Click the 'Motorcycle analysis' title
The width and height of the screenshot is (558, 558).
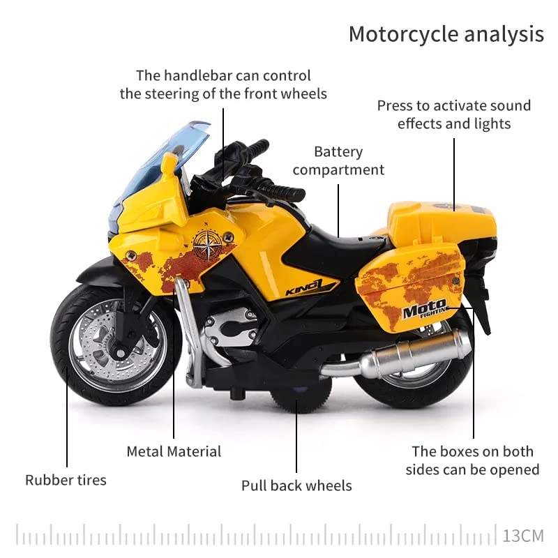446,33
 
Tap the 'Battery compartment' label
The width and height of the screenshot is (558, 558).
338,160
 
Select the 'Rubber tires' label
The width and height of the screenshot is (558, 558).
66,480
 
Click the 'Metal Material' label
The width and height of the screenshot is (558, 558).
174,451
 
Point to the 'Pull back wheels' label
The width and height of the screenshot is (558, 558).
296,485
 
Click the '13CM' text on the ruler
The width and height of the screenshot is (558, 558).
522,536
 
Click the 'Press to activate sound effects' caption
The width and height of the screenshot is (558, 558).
454,115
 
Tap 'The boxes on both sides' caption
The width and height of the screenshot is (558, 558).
472,460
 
